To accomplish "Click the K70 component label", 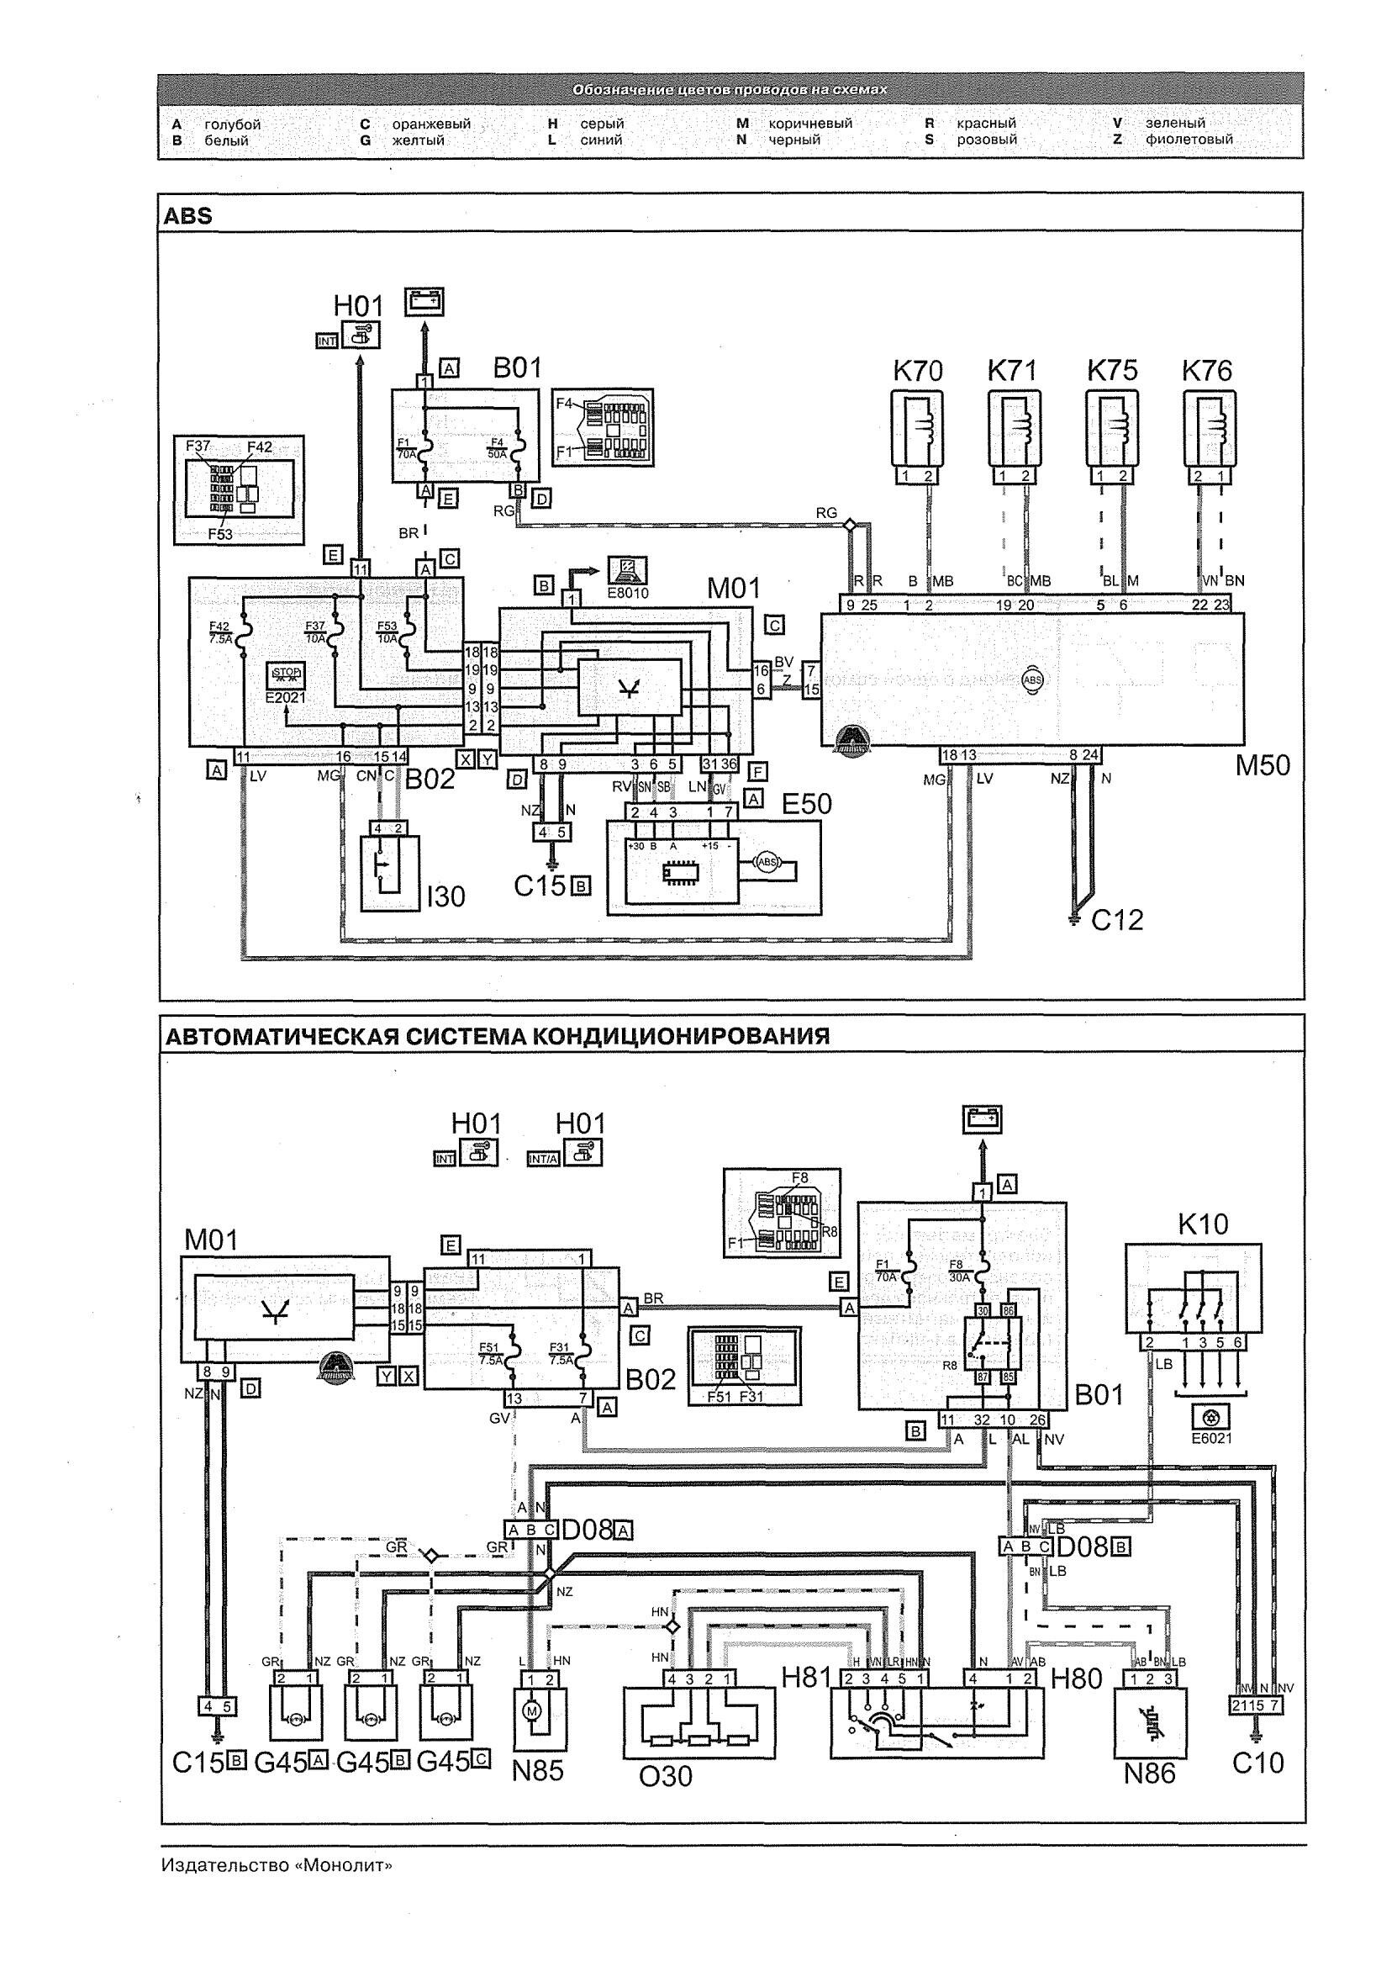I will (918, 371).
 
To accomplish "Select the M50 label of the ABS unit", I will (1263, 765).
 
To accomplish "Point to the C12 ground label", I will (1117, 920).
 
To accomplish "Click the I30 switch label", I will (445, 897).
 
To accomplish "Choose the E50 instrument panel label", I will (806, 804).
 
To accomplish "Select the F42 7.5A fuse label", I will (219, 632).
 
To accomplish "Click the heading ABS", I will (187, 215).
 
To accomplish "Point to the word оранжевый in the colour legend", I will (431, 124).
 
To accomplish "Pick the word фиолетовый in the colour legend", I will (1189, 140).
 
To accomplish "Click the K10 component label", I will (1203, 1224).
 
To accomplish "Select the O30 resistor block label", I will (665, 1776).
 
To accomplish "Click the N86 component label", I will (1149, 1773).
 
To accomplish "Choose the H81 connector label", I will (806, 1677).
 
